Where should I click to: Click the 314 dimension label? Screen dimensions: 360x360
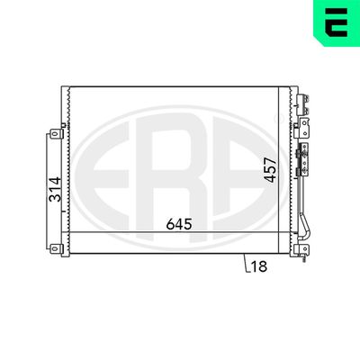click(x=55, y=189)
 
